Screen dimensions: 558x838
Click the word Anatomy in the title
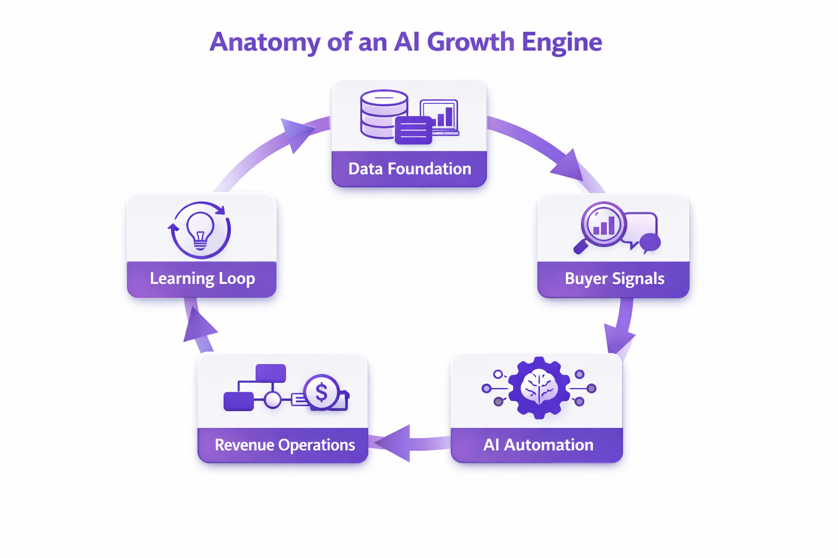pos(265,43)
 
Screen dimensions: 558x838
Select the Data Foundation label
pos(409,169)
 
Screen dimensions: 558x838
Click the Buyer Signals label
pos(614,278)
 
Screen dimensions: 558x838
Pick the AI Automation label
pos(538,445)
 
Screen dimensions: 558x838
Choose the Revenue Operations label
pos(284,445)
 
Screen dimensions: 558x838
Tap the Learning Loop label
pos(202,278)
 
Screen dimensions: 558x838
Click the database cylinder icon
pos(384,113)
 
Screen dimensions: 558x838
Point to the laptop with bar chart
pos(440,117)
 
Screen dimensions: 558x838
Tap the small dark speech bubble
pos(650,242)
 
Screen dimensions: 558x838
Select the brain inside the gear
pos(539,387)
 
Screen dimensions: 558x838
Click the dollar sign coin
pos(321,392)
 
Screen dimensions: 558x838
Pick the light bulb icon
pos(200,229)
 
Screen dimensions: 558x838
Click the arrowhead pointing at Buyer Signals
pos(568,166)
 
